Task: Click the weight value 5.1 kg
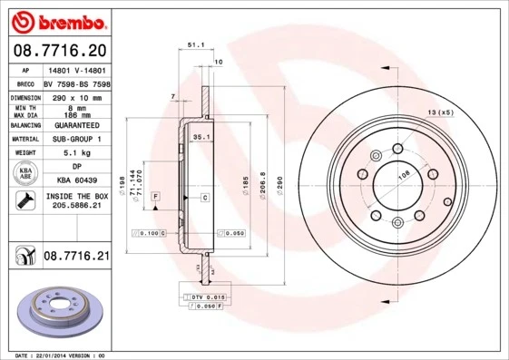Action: [x=76, y=152]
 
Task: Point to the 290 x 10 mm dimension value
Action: [x=76, y=96]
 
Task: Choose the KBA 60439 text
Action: [x=76, y=181]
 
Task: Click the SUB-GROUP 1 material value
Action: [x=76, y=139]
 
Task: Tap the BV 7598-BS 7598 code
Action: [x=76, y=83]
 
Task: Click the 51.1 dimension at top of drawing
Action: [x=195, y=44]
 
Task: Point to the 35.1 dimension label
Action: [x=201, y=137]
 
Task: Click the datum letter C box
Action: [x=204, y=197]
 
